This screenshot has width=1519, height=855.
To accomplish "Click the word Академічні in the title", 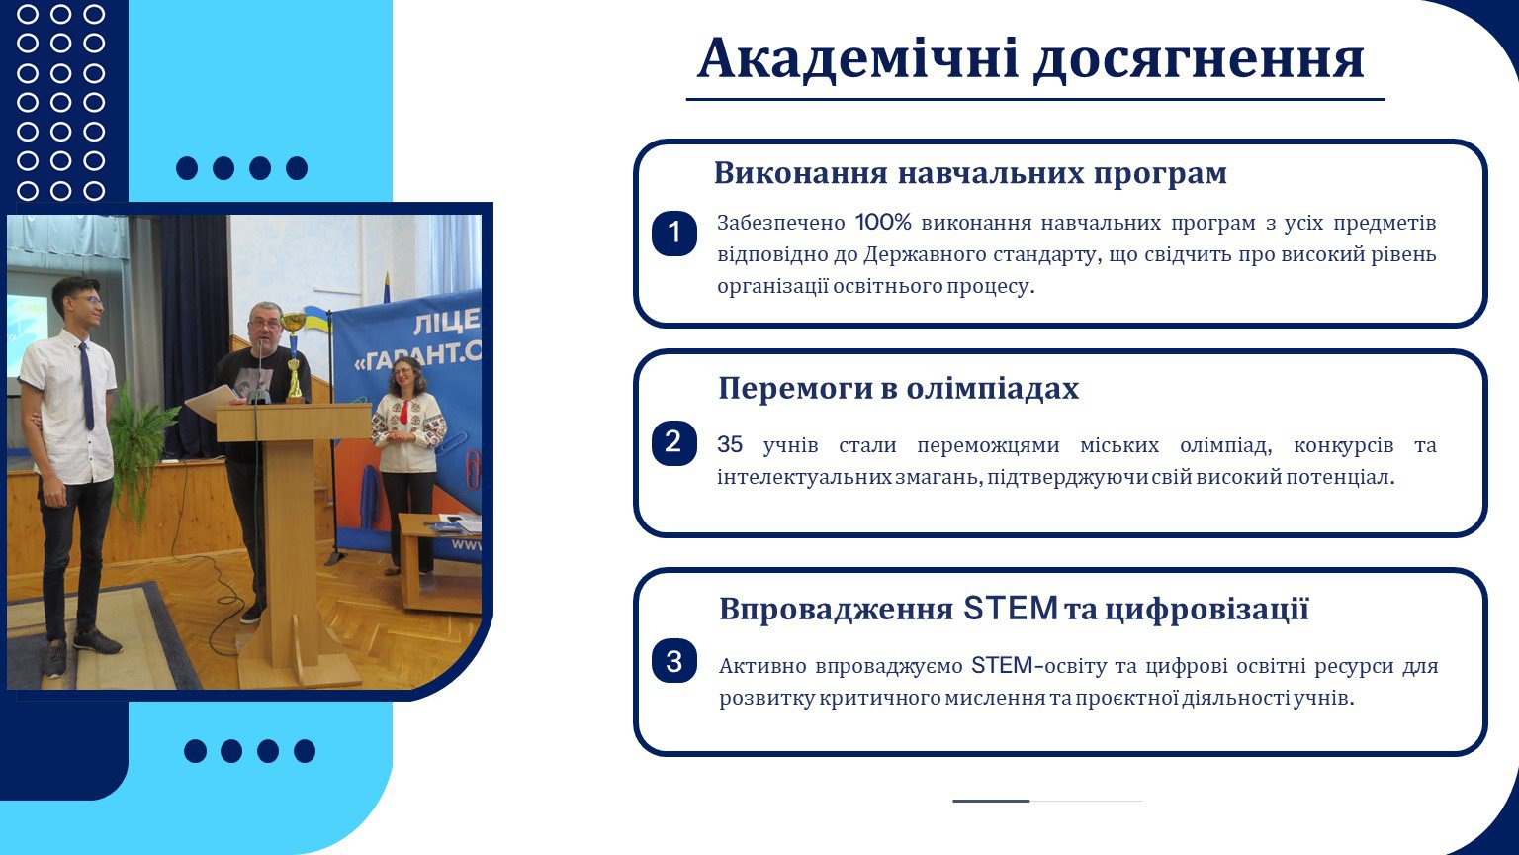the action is click(857, 58).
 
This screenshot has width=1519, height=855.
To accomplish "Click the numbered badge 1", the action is click(674, 233).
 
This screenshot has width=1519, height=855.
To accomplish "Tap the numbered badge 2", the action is click(674, 443).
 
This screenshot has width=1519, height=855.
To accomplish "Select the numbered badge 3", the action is click(674, 661).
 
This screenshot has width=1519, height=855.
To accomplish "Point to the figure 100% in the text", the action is click(883, 222).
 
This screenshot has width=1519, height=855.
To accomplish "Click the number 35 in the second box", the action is click(730, 444).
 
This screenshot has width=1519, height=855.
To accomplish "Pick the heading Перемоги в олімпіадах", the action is click(898, 388).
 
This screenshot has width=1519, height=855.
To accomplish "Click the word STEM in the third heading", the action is click(1011, 608).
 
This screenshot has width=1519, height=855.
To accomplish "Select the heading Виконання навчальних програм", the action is click(970, 173).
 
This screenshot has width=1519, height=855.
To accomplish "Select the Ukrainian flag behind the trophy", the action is click(317, 319).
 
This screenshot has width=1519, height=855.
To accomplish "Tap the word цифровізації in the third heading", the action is click(1206, 609).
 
